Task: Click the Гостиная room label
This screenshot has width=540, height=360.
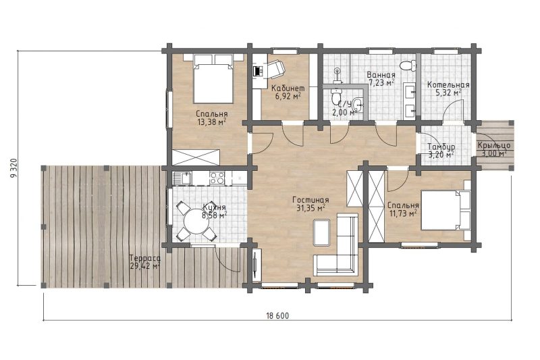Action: tap(310, 200)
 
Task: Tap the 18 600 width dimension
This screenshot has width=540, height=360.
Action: tap(277, 315)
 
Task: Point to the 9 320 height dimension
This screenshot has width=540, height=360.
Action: tap(13, 168)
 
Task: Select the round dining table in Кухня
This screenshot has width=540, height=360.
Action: tap(196, 221)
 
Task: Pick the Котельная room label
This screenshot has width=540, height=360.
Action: tap(448, 84)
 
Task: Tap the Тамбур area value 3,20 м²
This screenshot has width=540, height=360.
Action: tap(441, 155)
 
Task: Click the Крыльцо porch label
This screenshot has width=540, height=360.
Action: tap(493, 146)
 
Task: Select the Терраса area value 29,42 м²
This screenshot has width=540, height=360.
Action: tap(145, 265)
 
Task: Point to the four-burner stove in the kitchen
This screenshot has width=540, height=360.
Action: tap(217, 178)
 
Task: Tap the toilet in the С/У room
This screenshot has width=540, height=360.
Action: tap(335, 97)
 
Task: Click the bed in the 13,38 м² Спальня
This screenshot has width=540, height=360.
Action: tap(213, 78)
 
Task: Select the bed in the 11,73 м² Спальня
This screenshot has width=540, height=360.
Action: tap(446, 210)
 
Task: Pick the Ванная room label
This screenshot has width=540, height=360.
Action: tap(381, 75)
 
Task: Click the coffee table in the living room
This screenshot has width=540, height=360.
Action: tap(322, 232)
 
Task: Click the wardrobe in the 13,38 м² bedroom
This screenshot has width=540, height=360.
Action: tap(196, 157)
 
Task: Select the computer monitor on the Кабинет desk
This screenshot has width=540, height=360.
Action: tap(257, 71)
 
